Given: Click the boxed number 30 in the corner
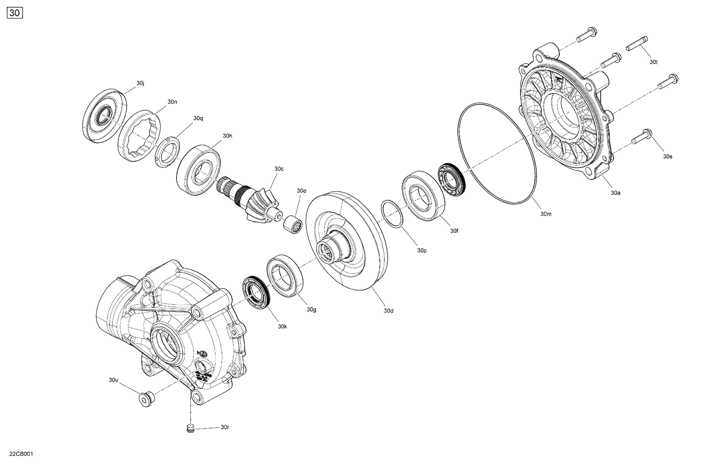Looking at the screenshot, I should coord(15,13).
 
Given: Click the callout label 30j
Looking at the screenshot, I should coord(140,83).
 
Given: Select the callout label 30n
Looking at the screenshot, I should coord(172,102).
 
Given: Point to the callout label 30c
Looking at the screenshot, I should coord(279,169).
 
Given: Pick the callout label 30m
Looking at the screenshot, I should coord(546,214).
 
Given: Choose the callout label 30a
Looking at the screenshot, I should coord(615,193).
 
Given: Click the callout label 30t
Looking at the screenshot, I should coord(654,62).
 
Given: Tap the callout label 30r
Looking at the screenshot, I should coord(225,427).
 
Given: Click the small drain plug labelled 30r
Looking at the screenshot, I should coord(190,428).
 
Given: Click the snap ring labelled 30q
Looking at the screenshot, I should coord(167,152).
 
